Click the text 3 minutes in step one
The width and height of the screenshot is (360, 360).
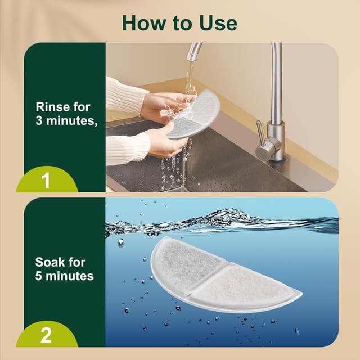66,120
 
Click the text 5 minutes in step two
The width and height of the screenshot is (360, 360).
65,276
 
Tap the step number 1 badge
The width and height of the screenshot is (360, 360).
47,179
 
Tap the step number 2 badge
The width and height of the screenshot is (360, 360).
46,335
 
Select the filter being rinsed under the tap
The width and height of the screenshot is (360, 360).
193,114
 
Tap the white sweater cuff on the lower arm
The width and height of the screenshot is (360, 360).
128,148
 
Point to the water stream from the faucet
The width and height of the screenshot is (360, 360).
191,80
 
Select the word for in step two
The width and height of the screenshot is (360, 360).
76,262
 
